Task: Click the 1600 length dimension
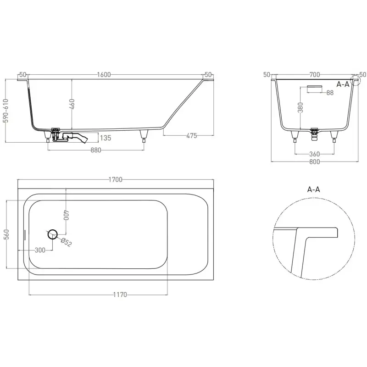[x=104, y=75]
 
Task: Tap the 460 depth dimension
[x=72, y=104]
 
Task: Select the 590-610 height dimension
[x=6, y=111]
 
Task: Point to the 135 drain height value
[x=106, y=138]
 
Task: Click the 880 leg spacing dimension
[x=96, y=150]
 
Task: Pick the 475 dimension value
[x=192, y=136]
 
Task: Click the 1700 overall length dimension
[x=116, y=179]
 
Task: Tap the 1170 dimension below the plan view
[x=120, y=295]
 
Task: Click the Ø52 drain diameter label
[x=66, y=242]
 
